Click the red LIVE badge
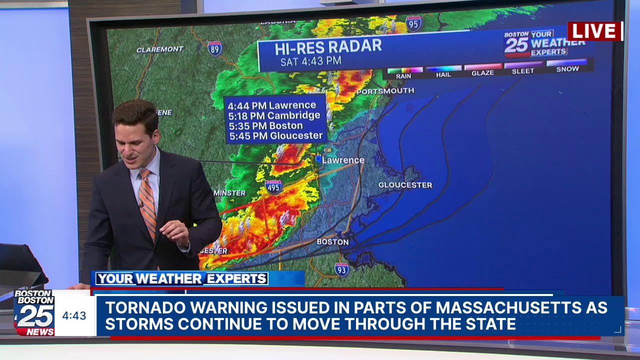point(594,31)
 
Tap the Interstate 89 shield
point(214,48)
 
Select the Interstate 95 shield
point(413,23)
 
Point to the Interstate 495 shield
point(273,186)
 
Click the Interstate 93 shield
point(341,269)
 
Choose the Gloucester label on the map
point(405,185)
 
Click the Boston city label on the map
point(332,242)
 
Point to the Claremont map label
point(160,49)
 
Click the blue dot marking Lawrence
point(318,158)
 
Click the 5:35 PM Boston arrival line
point(265,125)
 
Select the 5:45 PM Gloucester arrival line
point(275,135)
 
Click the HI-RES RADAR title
point(328,47)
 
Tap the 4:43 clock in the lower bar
point(74,316)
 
